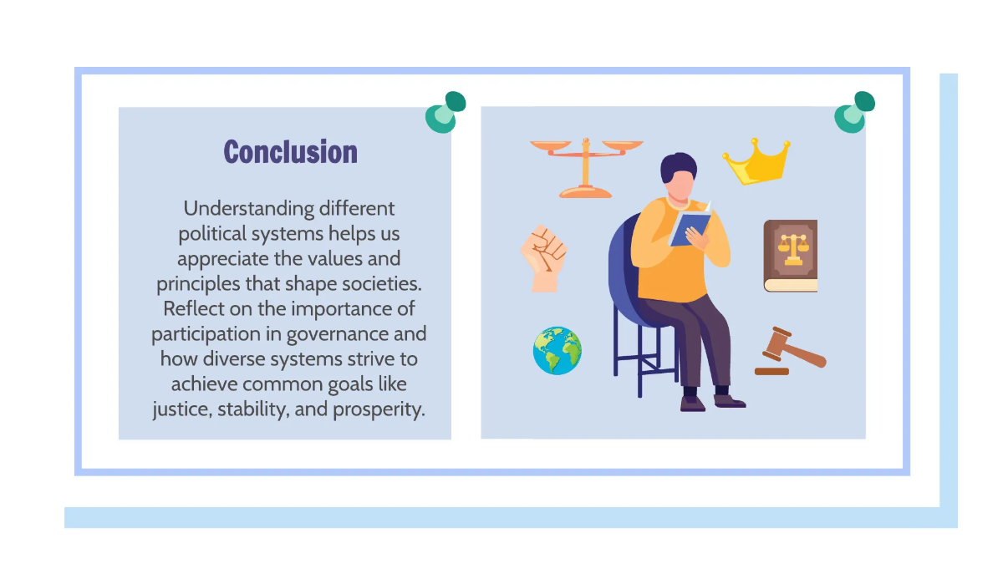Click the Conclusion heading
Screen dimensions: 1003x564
pos(291,152)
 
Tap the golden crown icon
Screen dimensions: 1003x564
pos(757,162)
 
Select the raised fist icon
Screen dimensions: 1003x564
pos(544,258)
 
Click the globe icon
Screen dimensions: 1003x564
pos(557,350)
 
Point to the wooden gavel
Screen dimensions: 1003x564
pos(791,352)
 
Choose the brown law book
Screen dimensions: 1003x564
pos(791,256)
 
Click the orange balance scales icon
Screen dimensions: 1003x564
pos(586,168)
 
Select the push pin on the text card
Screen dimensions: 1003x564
pos(445,112)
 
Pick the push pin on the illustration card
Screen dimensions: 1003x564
pos(854,112)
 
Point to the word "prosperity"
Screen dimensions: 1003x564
pos(379,409)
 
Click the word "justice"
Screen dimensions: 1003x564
pos(182,409)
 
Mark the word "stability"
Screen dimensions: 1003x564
pos(253,409)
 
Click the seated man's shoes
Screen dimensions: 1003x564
pos(713,402)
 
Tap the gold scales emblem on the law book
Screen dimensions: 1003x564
pos(793,249)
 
